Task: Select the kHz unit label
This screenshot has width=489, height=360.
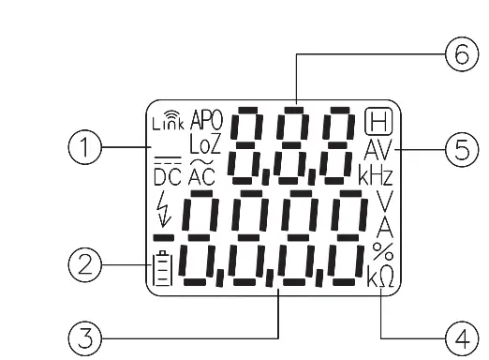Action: click(372, 174)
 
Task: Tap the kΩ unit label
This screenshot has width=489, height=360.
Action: click(380, 276)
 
